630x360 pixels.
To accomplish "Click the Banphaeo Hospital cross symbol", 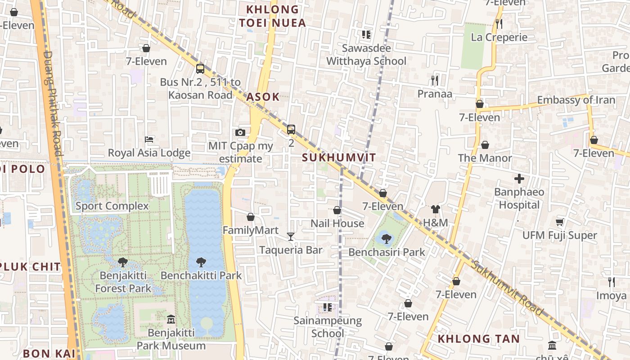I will (519, 179).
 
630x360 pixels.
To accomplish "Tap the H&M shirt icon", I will (435, 209).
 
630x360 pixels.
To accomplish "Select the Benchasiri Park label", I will (387, 252).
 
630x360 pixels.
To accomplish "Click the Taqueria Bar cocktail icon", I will (291, 236).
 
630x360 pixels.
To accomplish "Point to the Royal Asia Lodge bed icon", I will (149, 139).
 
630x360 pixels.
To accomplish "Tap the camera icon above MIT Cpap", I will (240, 132).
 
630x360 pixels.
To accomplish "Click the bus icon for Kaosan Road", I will (200, 69).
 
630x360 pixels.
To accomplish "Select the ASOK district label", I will (263, 97).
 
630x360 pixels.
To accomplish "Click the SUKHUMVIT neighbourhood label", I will (338, 157).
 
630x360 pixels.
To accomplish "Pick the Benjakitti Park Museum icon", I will (171, 319).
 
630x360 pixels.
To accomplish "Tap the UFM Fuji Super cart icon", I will (559, 222).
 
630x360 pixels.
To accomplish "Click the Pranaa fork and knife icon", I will (434, 81).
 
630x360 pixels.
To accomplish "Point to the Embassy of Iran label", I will (576, 100).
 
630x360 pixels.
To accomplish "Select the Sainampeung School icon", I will (328, 307).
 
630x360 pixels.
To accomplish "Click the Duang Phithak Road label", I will (53, 103).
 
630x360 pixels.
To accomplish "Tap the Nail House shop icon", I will (337, 210).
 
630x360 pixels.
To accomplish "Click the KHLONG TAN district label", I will (478, 338).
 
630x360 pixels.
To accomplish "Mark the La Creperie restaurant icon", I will (499, 23).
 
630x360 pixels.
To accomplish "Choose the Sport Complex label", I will (112, 206).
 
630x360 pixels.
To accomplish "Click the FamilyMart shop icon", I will (251, 217).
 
